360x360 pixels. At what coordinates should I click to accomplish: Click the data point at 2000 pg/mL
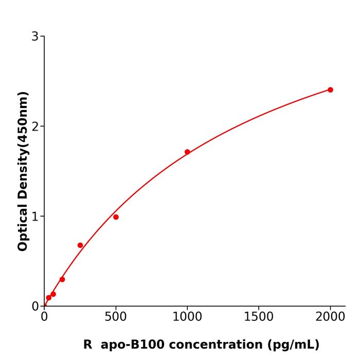330,90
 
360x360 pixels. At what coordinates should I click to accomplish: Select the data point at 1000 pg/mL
187,152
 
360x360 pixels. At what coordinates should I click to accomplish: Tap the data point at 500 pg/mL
116,217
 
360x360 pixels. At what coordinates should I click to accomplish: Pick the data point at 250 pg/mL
80,245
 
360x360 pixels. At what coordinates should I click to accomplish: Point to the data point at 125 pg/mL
62,279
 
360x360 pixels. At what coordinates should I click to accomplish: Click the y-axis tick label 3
35,37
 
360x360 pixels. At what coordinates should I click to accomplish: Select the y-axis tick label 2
35,127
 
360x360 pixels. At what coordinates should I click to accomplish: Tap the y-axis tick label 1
35,217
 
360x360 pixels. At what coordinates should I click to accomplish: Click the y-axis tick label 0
35,307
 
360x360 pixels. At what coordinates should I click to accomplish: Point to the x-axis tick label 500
116,317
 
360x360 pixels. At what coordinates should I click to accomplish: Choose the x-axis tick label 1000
187,317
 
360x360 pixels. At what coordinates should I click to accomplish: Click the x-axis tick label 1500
259,317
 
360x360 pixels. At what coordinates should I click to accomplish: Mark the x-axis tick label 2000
330,317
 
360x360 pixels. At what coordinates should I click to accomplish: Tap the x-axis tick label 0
44,317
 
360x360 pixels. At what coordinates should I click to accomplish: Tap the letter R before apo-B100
87,345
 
